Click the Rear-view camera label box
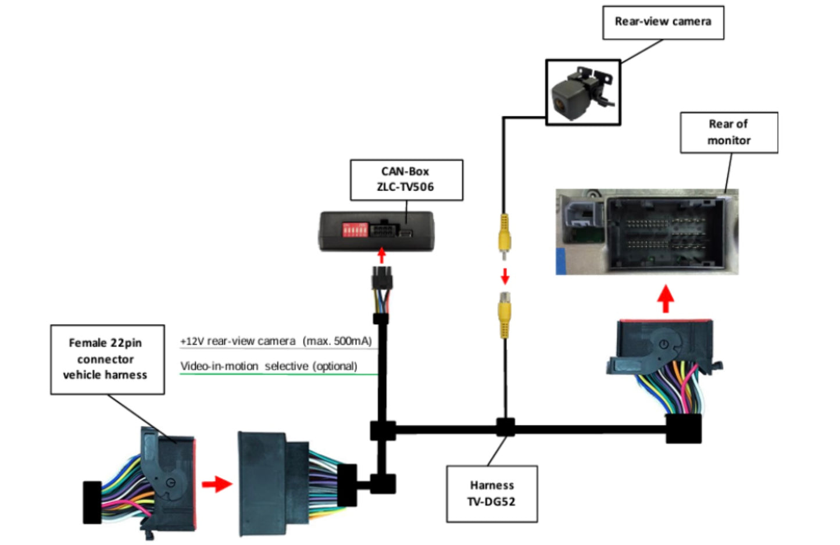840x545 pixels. pos(663,22)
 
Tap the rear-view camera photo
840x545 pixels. pos(582,92)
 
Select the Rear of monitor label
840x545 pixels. pos(728,133)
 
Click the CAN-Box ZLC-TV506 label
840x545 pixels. pos(406,180)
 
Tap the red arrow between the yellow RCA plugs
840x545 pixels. pos(505,275)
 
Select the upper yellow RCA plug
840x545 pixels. pos(504,233)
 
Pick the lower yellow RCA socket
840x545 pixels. pos(504,314)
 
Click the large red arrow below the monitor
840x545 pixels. pos(666,299)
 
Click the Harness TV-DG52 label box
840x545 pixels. pos(492,494)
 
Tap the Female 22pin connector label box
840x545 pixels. pos(107,359)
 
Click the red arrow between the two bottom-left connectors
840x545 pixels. pos(216,483)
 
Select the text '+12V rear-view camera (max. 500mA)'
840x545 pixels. pos(276,341)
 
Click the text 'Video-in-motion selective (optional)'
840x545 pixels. pos(269,366)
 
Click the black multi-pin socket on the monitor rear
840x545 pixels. pos(665,234)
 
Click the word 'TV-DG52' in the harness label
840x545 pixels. pos(491,502)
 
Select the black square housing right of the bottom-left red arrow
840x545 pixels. pos(262,484)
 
